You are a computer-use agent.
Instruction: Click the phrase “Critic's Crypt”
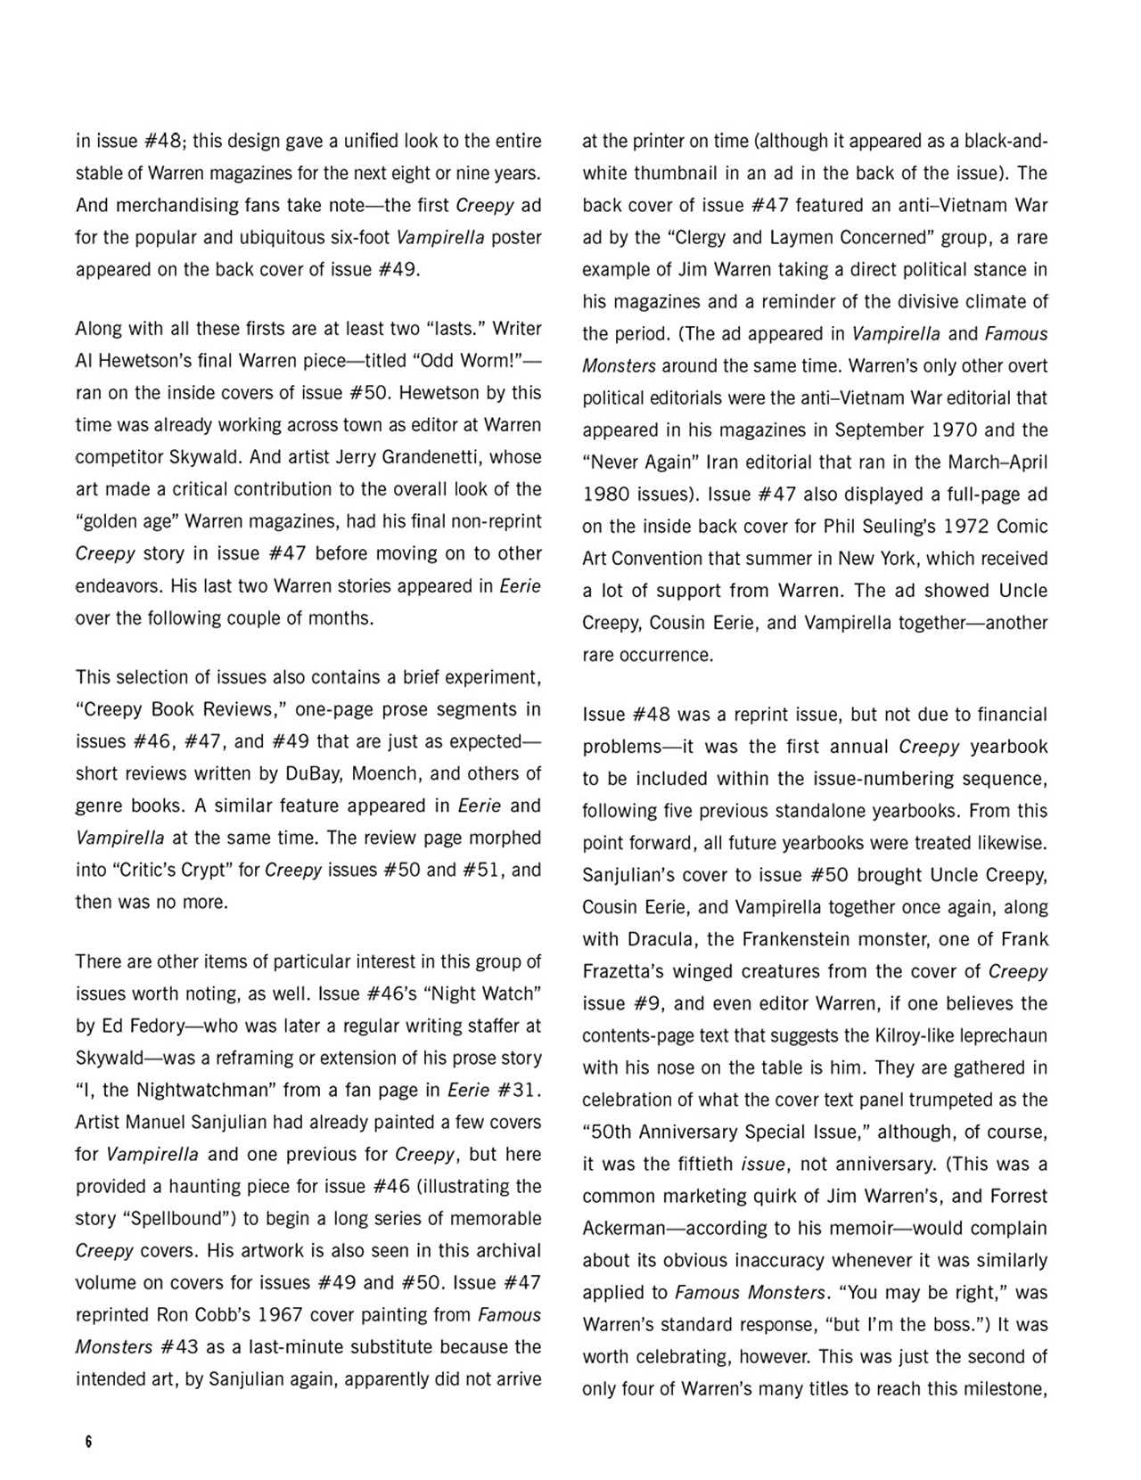point(185,870)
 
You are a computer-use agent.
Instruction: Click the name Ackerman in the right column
point(622,1229)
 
